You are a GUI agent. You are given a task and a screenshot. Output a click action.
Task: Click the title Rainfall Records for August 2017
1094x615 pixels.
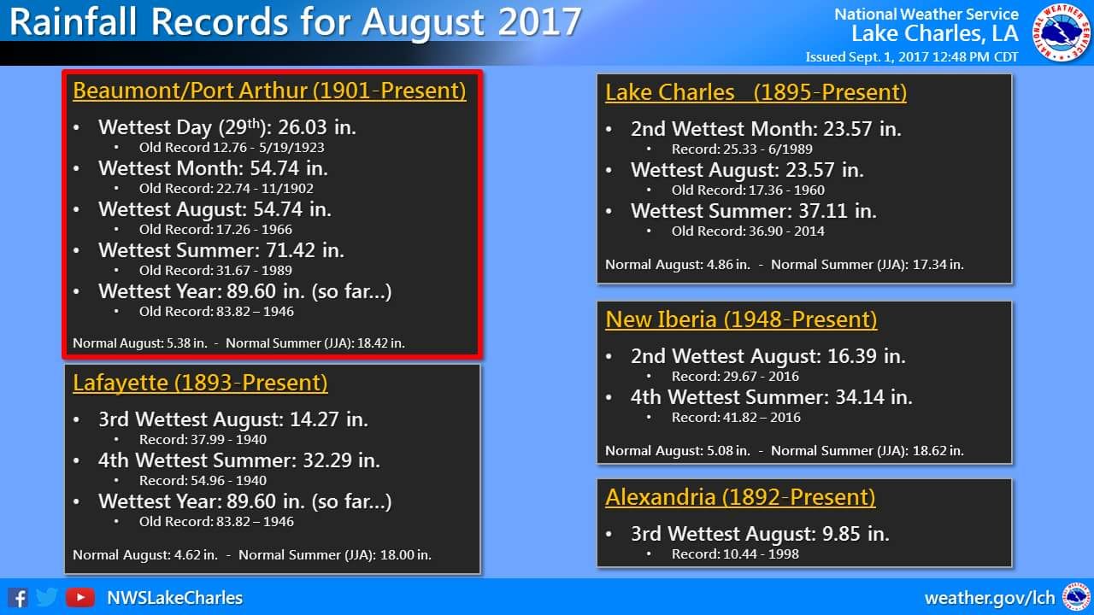(296, 22)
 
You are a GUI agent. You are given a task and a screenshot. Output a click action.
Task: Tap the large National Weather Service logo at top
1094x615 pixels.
(1062, 32)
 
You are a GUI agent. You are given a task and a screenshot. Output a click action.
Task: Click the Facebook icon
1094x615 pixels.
(18, 598)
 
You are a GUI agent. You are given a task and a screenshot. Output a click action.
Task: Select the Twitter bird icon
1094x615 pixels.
(47, 597)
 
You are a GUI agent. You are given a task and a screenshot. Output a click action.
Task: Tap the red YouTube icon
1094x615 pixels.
(80, 597)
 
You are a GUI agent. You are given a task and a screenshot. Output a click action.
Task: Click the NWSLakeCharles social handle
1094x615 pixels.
(175, 598)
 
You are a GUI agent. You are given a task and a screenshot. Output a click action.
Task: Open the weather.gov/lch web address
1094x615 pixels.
(990, 598)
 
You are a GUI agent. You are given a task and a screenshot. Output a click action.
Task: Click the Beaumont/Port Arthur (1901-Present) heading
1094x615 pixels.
(269, 91)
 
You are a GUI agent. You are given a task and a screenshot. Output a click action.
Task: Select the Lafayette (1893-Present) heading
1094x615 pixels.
(200, 383)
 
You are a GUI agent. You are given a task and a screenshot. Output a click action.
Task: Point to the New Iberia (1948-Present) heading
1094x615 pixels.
(741, 319)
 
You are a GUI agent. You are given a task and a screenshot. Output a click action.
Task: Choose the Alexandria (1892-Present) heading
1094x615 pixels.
(740, 497)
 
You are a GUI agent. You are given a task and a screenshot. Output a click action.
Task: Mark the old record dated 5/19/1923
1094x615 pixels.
(232, 148)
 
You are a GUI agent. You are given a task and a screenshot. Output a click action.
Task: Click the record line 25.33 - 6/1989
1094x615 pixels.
(742, 149)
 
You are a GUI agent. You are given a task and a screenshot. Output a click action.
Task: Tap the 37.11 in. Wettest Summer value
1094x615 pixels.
(838, 211)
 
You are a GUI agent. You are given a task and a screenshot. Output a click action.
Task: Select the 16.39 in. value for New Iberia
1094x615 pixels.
(867, 356)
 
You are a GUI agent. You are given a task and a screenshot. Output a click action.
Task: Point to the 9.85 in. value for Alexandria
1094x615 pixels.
(856, 534)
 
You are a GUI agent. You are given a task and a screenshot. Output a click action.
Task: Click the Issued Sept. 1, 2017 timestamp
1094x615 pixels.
(912, 57)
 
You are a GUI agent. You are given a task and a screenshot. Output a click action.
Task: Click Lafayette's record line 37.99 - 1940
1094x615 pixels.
(203, 440)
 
